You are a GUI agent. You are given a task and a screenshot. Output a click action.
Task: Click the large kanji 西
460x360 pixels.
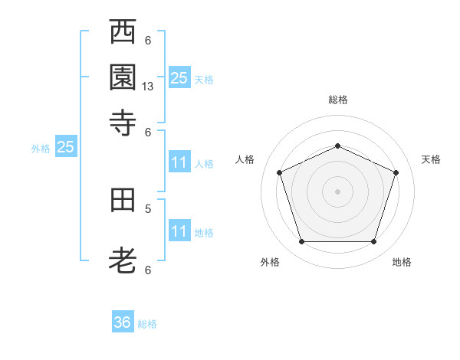(x=123, y=31)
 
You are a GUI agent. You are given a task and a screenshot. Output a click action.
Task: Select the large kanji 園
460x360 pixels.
(x=123, y=77)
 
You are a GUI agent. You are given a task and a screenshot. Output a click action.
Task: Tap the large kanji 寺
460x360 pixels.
(x=123, y=123)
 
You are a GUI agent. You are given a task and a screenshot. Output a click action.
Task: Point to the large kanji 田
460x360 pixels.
(x=123, y=200)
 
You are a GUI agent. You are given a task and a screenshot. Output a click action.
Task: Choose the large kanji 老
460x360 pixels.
(x=123, y=260)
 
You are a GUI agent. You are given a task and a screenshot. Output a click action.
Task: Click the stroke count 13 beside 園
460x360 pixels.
(x=147, y=87)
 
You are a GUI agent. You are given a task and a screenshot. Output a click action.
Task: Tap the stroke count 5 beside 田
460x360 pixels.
(x=148, y=209)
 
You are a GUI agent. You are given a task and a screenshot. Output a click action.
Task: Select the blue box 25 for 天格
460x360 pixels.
(x=179, y=77)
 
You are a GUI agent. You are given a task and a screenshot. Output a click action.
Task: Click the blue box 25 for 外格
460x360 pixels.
(x=66, y=146)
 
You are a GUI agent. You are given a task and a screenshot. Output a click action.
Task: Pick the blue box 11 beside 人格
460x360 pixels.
(x=179, y=162)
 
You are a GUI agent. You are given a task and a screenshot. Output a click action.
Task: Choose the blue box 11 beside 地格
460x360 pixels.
(x=179, y=230)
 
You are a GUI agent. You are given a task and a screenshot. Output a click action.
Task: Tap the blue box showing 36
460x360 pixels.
(x=123, y=321)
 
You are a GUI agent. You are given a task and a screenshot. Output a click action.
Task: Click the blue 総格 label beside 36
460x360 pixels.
(x=147, y=324)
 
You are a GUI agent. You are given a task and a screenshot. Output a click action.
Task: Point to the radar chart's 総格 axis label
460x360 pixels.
(x=338, y=100)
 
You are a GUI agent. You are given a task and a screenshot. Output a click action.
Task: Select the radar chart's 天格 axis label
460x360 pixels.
(x=431, y=159)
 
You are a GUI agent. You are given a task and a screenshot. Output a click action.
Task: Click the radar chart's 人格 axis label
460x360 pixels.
(x=245, y=159)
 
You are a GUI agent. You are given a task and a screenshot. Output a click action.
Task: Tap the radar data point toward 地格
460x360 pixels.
(x=373, y=241)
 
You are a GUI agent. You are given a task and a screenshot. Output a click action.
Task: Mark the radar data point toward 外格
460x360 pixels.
(x=302, y=241)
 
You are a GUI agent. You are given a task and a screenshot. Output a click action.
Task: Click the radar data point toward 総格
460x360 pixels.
(x=337, y=146)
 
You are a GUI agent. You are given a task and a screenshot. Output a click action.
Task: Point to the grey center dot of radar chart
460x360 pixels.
(x=337, y=191)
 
